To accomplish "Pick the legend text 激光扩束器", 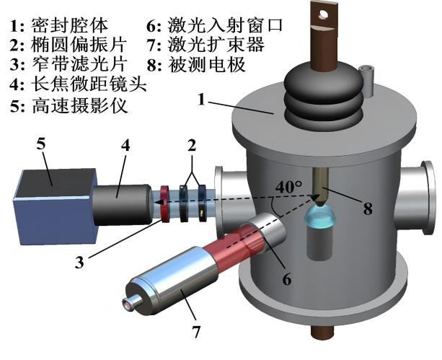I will (224, 46).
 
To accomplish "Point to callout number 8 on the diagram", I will (368, 210).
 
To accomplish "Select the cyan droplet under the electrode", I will (319, 217).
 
